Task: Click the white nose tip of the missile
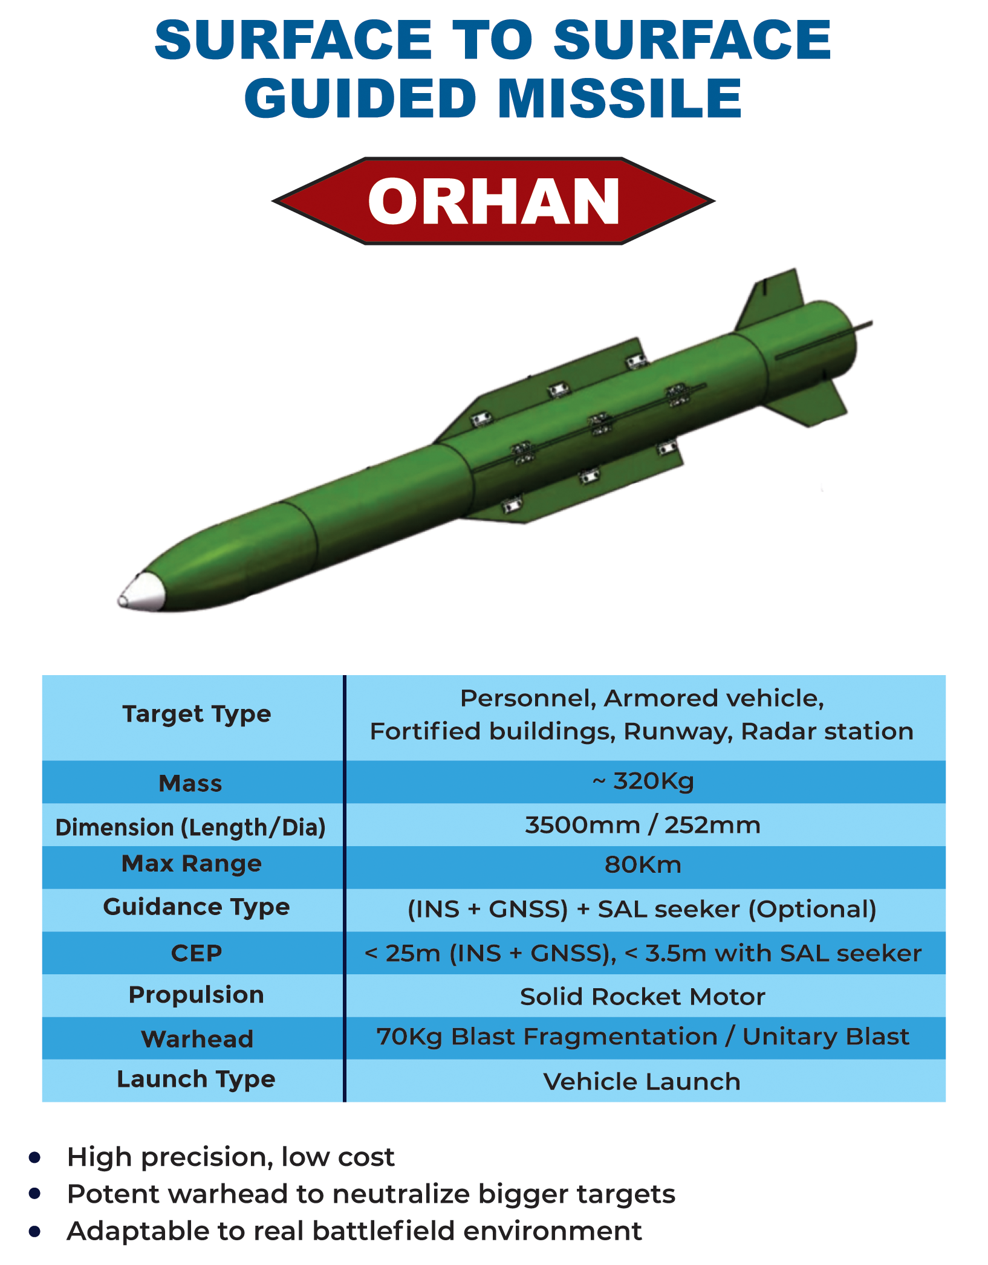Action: click(x=141, y=592)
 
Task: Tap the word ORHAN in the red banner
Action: click(x=493, y=201)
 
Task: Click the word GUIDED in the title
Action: click(x=360, y=98)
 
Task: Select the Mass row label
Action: click(x=190, y=783)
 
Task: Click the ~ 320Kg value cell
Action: click(x=643, y=781)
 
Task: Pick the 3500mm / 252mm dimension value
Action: click(x=643, y=825)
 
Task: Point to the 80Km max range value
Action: click(x=643, y=865)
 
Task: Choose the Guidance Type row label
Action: click(x=197, y=907)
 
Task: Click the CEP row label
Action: click(x=197, y=953)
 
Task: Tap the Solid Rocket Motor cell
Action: click(x=643, y=997)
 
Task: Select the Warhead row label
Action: click(x=197, y=1039)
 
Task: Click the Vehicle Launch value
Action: click(x=642, y=1081)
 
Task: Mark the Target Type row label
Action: click(x=197, y=714)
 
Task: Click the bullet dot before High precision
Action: click(x=34, y=1157)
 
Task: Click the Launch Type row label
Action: click(x=196, y=1079)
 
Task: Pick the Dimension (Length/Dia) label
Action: click(x=190, y=827)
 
